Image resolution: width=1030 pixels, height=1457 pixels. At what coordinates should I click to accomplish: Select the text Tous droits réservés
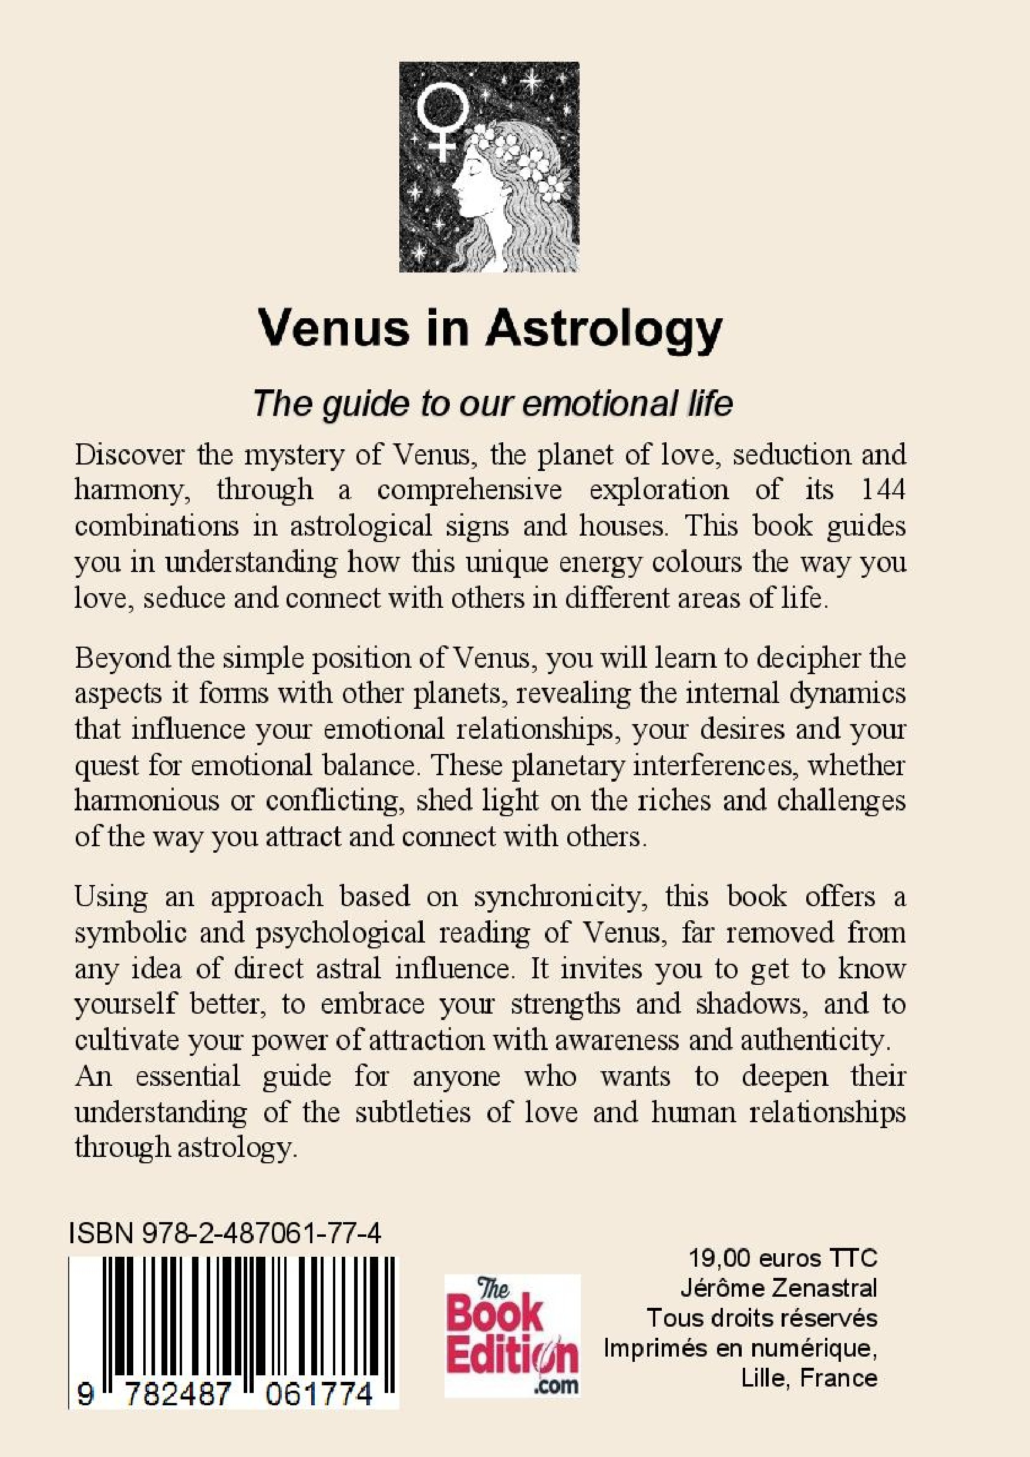click(x=762, y=1318)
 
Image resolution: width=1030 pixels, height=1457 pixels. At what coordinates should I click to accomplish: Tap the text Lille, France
click(x=809, y=1378)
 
